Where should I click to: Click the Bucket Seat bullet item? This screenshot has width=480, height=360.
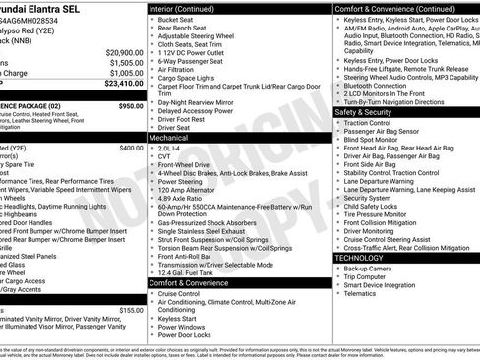point(175,19)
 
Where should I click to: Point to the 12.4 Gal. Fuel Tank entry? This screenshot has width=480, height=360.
point(188,271)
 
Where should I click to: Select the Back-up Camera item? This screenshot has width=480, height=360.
point(367,268)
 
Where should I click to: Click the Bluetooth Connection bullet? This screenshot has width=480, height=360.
point(378,85)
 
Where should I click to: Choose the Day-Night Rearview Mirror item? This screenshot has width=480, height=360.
point(198,102)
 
